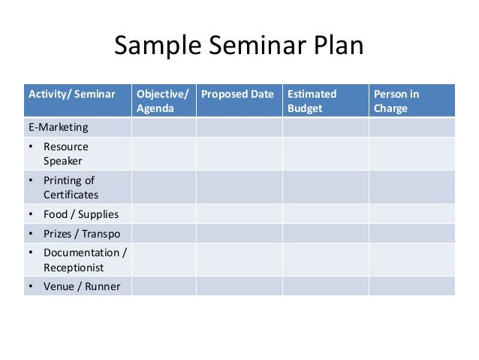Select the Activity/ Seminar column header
pos(72,95)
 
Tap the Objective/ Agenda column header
pos(162,101)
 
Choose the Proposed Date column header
pos(237,95)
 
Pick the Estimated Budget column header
pos(312,101)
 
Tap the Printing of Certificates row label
pos(70,187)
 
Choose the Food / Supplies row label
pos(80,214)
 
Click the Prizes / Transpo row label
pos(81,234)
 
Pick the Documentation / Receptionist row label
pos(84,259)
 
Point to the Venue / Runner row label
pos(81,286)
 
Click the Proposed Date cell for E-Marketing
pos(239,127)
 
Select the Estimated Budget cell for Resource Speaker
pos(325,153)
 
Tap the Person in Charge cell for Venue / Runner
pos(411,286)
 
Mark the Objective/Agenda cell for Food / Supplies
pos(164,214)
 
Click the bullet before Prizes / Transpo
pos(32,234)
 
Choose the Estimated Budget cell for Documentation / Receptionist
pos(325,259)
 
